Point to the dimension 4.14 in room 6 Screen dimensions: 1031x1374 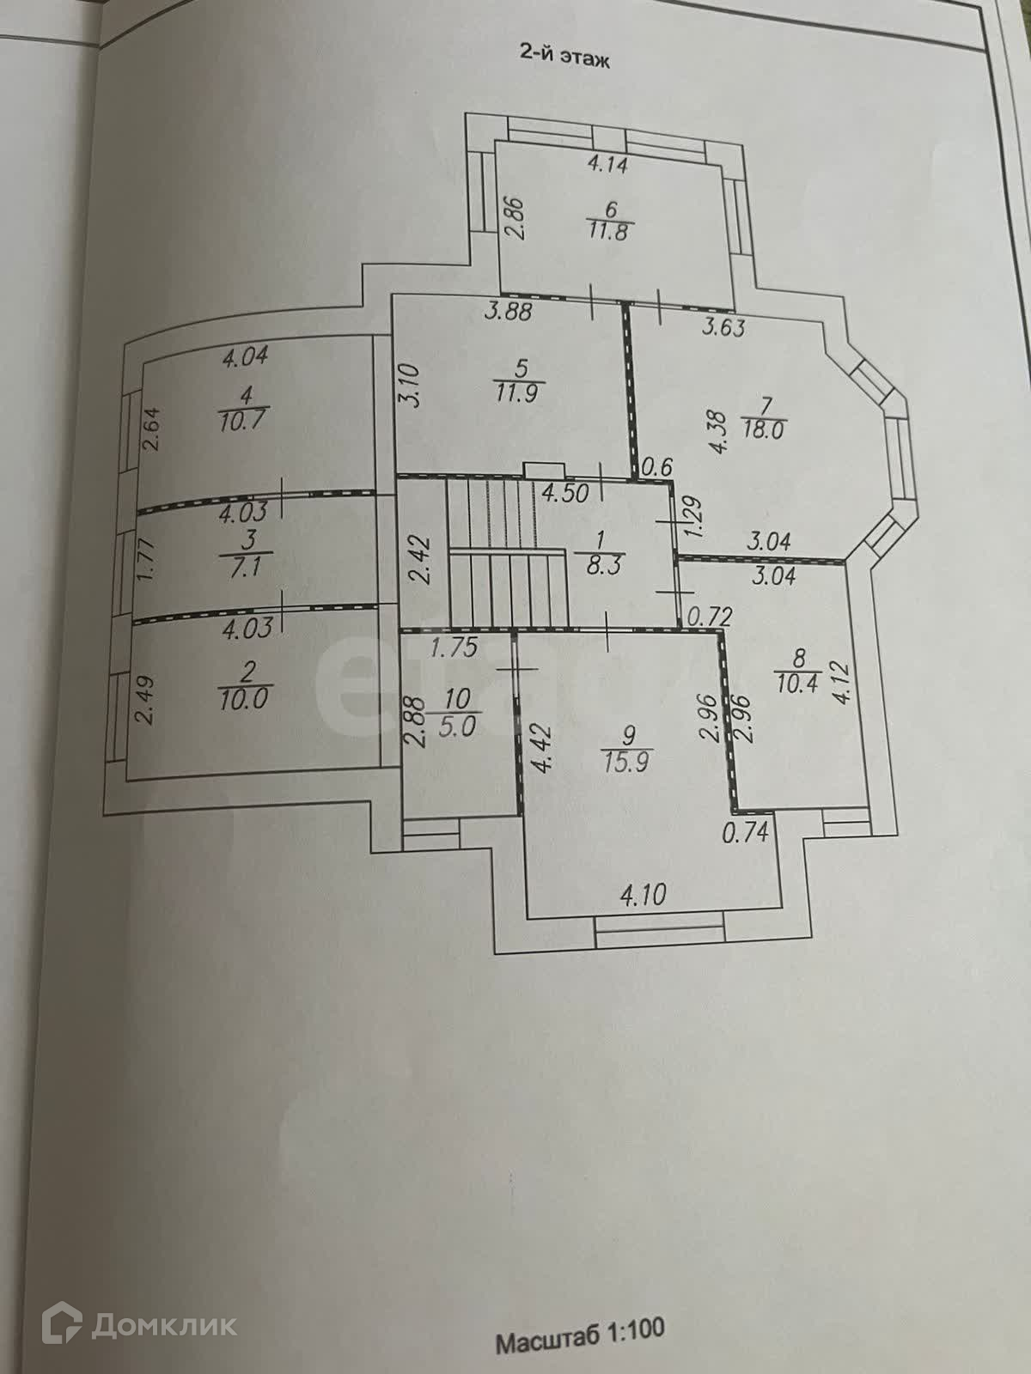pyautogui.click(x=607, y=162)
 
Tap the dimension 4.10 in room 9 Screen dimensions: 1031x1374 pyautogui.click(x=643, y=896)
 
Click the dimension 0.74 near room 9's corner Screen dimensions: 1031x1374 pyautogui.click(x=744, y=831)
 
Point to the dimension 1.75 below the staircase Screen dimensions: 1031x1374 pyautogui.click(x=454, y=647)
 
